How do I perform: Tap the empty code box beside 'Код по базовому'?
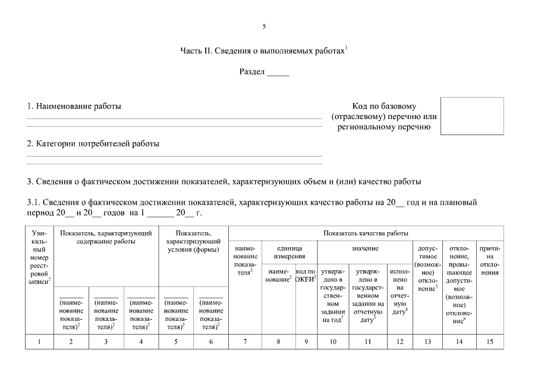[x=471, y=115]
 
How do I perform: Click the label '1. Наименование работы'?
[x=74, y=107]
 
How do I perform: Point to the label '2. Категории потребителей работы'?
[x=93, y=143]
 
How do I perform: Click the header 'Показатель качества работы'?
[x=366, y=233]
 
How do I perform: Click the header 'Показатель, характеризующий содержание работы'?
[x=106, y=237]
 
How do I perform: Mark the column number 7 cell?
[x=245, y=341]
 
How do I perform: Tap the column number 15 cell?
[x=489, y=341]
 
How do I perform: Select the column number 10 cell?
[x=333, y=341]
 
